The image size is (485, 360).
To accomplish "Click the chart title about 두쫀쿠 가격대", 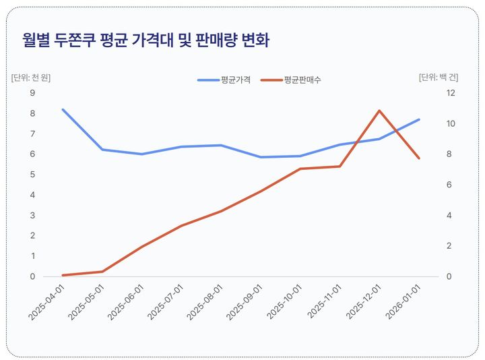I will pyautogui.click(x=145, y=41).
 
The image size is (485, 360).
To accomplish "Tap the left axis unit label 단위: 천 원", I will pyautogui.click(x=31, y=77).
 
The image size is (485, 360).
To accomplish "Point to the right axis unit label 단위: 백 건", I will pyautogui.click(x=439, y=77).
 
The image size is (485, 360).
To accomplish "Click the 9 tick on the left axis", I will pyautogui.click(x=32, y=93).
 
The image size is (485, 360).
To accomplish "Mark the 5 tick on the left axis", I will pyautogui.click(x=32, y=175).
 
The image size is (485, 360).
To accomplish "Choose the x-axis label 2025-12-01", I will pyautogui.click(x=364, y=301).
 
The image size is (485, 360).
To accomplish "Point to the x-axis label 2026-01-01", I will pyautogui.click(x=403, y=301).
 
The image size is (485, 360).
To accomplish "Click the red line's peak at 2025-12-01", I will pyautogui.click(x=379, y=111).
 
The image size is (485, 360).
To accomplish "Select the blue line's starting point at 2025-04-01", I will pyautogui.click(x=63, y=109).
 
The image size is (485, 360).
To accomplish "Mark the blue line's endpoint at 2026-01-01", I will pyautogui.click(x=419, y=119).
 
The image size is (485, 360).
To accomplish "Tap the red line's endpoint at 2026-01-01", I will pyautogui.click(x=419, y=158).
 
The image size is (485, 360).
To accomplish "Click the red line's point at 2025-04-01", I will pyautogui.click(x=63, y=275).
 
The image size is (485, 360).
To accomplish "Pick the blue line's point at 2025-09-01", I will pyautogui.click(x=261, y=157).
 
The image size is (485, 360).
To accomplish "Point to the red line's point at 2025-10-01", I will pyautogui.click(x=300, y=169).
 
